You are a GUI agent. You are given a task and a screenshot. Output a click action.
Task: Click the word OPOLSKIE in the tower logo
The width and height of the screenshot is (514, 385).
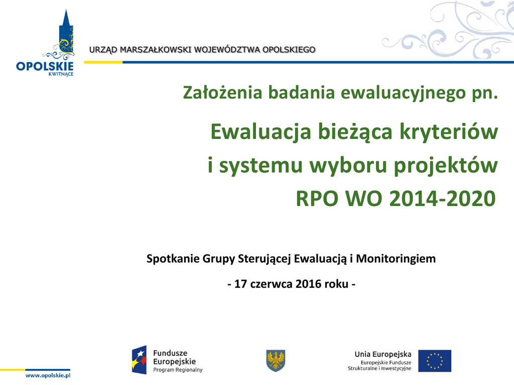click(45, 66)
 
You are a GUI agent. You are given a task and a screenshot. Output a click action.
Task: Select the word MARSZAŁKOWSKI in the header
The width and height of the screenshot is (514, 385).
click(156, 50)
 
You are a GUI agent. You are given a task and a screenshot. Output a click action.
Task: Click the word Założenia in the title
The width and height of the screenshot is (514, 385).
click(222, 93)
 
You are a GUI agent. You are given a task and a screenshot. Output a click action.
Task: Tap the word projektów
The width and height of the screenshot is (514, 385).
click(446, 166)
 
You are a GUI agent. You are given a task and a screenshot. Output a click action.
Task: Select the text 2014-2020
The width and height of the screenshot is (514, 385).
click(443, 199)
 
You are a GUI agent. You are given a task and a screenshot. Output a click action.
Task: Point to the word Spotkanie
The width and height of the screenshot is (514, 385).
click(173, 259)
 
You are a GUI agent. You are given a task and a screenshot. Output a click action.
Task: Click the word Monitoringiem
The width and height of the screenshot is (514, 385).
click(396, 259)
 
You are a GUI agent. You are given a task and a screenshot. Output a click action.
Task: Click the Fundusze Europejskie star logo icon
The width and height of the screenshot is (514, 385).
click(140, 360)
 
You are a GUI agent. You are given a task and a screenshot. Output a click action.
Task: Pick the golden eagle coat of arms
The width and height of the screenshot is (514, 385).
click(276, 360)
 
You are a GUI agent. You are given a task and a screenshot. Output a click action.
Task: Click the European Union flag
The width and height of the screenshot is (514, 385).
click(435, 361)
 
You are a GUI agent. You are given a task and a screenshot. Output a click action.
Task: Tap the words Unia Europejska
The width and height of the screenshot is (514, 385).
click(383, 354)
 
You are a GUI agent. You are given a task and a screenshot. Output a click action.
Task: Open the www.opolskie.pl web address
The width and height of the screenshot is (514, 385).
click(48, 375)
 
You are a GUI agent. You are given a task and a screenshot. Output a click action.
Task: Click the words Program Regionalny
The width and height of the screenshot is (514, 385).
click(178, 370)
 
